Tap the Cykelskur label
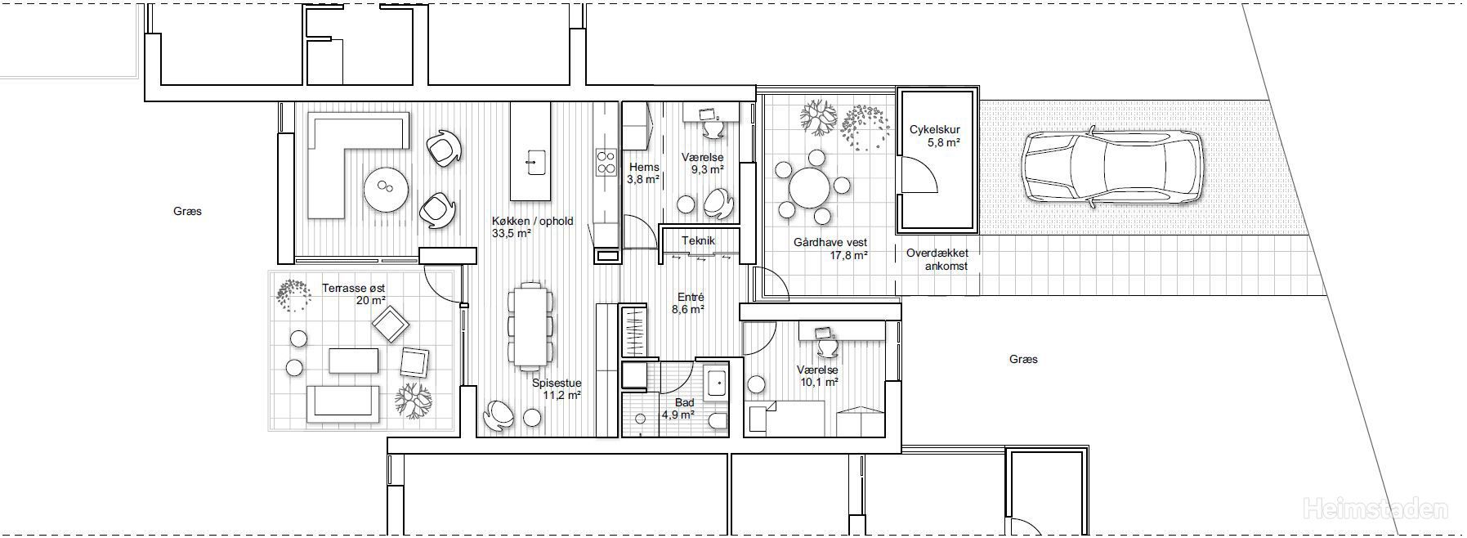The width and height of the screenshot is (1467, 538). (934, 130)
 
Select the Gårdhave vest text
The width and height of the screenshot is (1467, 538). (830, 243)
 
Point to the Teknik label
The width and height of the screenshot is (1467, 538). (698, 240)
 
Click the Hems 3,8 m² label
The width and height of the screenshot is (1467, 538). (643, 173)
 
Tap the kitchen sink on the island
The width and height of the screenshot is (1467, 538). (534, 162)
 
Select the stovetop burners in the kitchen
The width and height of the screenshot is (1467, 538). (606, 161)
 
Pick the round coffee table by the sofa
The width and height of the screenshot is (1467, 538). (386, 189)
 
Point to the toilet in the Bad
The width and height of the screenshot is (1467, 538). (716, 420)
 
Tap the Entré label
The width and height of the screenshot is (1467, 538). (691, 298)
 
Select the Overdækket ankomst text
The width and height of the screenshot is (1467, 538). (937, 259)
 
